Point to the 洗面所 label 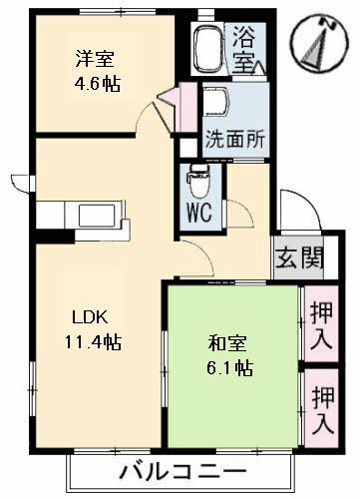coord(235,139)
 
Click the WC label coord(198,213)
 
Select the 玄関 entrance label coord(298,258)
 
